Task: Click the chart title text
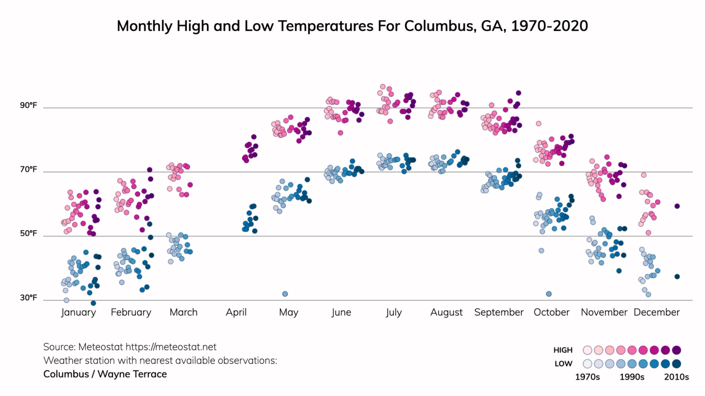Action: tap(352, 26)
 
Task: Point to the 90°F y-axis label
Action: tap(29, 105)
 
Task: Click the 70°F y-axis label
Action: tap(29, 169)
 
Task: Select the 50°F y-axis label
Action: tap(29, 233)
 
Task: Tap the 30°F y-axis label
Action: tap(29, 297)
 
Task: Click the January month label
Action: tap(78, 312)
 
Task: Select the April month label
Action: tap(236, 312)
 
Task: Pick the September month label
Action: tap(499, 312)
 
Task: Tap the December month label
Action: tap(656, 312)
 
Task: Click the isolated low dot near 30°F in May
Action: tap(285, 294)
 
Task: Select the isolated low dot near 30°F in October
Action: tap(549, 294)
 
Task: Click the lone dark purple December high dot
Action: tap(677, 206)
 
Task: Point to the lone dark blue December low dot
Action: tap(677, 277)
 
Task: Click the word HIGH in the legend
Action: tap(563, 350)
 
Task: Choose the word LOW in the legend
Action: tap(564, 363)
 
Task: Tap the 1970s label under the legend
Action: tap(587, 377)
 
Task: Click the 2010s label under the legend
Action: tap(676, 377)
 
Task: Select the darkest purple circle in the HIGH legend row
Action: tap(677, 350)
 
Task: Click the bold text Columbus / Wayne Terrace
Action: tap(105, 374)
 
